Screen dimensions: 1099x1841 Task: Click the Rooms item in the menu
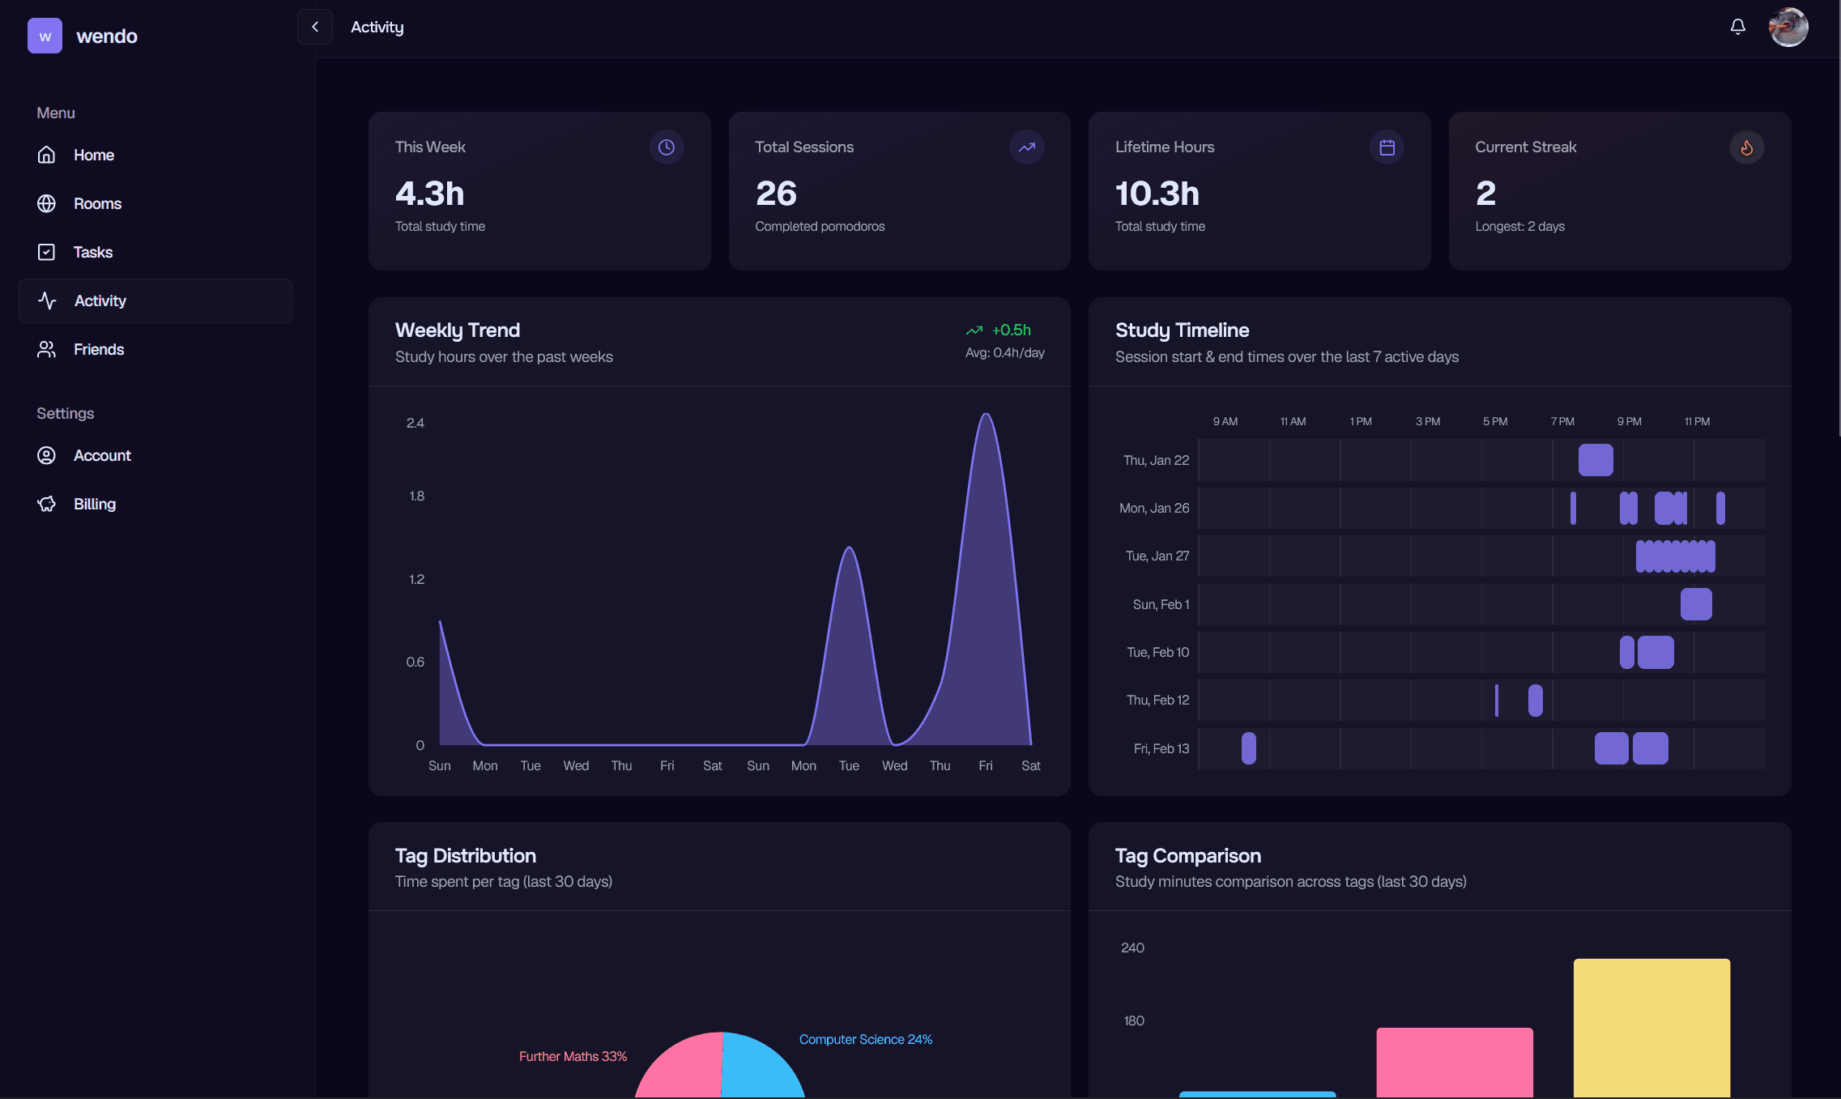[x=96, y=203]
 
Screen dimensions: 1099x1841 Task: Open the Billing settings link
[x=94, y=504]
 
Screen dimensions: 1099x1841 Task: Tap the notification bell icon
[x=1737, y=27]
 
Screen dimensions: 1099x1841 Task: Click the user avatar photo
[x=1788, y=28]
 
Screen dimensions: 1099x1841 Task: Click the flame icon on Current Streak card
[x=1746, y=147]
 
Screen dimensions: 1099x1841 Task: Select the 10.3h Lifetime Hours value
[x=1157, y=194]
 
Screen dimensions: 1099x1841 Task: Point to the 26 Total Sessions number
[x=776, y=194]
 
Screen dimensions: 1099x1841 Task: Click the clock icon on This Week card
[x=666, y=147]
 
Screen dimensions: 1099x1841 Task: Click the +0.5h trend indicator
[x=1010, y=330]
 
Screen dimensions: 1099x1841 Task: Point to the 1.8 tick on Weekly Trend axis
[x=416, y=496]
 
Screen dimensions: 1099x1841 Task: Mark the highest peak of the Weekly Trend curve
[x=986, y=415]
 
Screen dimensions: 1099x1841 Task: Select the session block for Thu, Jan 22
[x=1595, y=460]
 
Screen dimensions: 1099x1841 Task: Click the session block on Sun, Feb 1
[x=1695, y=604]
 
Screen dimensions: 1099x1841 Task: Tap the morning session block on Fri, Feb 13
[x=1248, y=748]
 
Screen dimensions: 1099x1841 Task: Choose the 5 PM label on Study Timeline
[x=1494, y=421]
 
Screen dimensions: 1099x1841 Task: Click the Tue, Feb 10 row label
[x=1157, y=652]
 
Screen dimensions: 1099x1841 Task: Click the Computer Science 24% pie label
[x=865, y=1039]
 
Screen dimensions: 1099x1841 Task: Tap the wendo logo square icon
[x=45, y=36]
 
